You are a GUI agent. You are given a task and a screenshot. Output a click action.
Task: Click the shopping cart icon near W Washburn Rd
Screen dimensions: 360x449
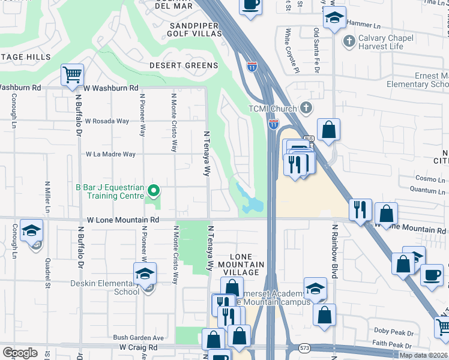click(x=72, y=75)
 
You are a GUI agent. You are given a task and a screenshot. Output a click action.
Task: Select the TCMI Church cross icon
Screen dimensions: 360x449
click(x=306, y=109)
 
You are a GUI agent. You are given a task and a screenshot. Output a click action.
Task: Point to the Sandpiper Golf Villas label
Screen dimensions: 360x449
click(x=196, y=30)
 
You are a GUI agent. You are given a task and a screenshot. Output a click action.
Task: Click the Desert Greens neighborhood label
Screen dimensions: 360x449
click(x=184, y=65)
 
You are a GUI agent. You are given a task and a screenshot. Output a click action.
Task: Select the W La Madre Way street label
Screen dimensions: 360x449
click(x=110, y=154)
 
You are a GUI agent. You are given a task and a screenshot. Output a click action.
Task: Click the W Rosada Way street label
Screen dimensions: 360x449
click(x=107, y=121)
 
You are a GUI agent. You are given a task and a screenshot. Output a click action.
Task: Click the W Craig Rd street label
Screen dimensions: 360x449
click(x=138, y=347)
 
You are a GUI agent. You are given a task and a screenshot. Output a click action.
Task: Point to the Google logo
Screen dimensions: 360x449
click(x=20, y=353)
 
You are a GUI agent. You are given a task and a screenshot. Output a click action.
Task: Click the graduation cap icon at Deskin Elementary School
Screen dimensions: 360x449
click(x=145, y=274)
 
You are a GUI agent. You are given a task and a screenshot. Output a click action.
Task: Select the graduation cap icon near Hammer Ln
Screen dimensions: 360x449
click(x=335, y=17)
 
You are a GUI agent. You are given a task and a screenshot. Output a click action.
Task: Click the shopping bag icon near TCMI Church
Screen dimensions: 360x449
click(x=328, y=130)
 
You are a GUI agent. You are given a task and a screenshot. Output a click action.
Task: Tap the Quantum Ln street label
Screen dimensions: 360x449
click(x=418, y=190)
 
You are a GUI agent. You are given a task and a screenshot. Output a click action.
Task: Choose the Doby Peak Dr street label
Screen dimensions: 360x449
click(x=394, y=331)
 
